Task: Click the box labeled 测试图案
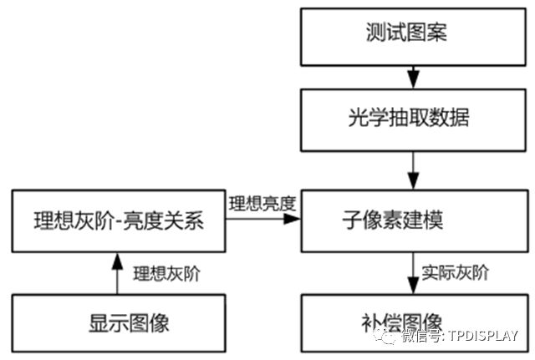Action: tap(413, 37)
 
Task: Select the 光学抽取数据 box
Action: tap(413, 120)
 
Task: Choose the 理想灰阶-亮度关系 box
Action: tap(119, 221)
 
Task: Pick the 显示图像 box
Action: tap(119, 323)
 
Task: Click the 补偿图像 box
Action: tap(415, 323)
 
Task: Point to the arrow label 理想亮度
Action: tap(262, 204)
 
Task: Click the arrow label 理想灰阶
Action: tap(166, 274)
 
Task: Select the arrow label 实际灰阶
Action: tap(455, 273)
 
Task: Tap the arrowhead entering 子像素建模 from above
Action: tap(413, 180)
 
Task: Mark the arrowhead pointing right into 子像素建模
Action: tap(292, 219)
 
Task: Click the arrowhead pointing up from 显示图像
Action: tap(117, 261)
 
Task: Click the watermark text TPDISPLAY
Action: tap(483, 336)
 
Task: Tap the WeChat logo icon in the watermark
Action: tap(385, 336)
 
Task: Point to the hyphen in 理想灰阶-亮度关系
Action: tap(118, 221)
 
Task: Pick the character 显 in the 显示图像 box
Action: tap(99, 323)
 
